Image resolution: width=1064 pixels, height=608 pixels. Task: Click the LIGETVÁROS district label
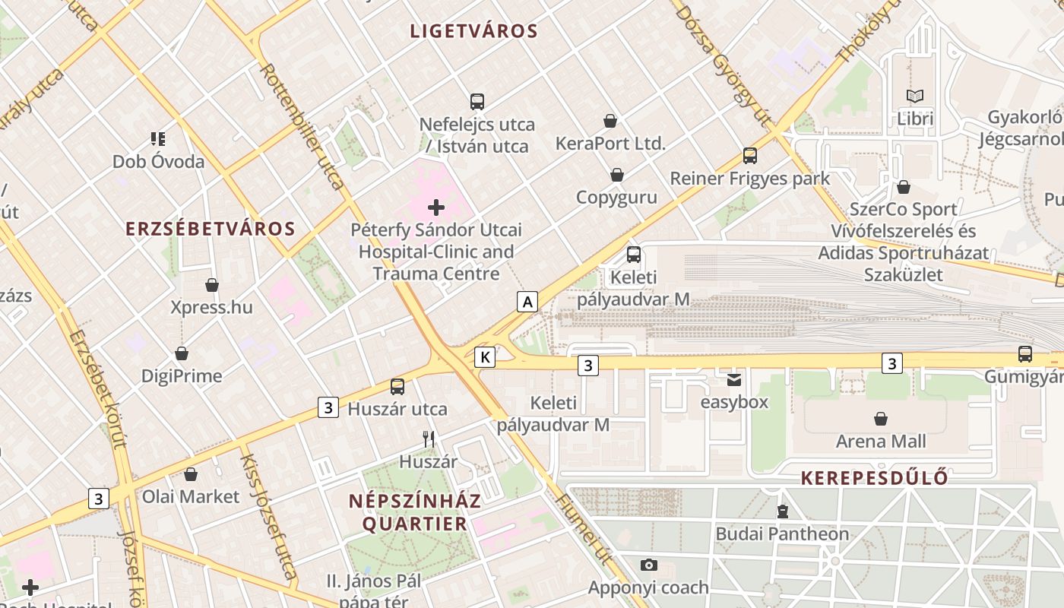click(x=473, y=31)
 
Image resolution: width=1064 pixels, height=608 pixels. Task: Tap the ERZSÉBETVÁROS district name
click(x=210, y=229)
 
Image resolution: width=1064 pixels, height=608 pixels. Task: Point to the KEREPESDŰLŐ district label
click(x=874, y=478)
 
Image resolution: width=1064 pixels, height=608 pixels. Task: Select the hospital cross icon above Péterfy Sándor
click(x=436, y=207)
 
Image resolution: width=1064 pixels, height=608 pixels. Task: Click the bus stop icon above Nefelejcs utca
click(x=477, y=101)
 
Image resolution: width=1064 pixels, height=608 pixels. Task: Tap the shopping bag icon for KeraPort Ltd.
click(x=610, y=121)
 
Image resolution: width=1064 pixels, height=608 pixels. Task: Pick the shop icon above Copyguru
click(x=617, y=175)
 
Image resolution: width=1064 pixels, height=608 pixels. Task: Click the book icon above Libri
click(x=915, y=97)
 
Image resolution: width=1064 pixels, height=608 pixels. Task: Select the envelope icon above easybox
click(x=734, y=379)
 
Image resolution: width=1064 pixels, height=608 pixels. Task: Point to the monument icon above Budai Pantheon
click(x=783, y=511)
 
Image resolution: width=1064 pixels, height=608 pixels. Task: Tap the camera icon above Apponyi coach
click(x=648, y=565)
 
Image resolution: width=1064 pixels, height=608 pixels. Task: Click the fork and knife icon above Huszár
click(x=429, y=439)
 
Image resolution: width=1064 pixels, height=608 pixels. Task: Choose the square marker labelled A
click(x=527, y=302)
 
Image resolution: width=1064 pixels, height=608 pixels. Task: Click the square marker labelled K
click(x=485, y=356)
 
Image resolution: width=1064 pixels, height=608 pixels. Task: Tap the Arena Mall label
click(x=881, y=442)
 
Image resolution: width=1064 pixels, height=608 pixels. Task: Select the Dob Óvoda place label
click(x=158, y=162)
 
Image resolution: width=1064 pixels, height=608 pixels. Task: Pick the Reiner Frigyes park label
click(x=749, y=179)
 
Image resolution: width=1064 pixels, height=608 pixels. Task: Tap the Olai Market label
click(x=191, y=496)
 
